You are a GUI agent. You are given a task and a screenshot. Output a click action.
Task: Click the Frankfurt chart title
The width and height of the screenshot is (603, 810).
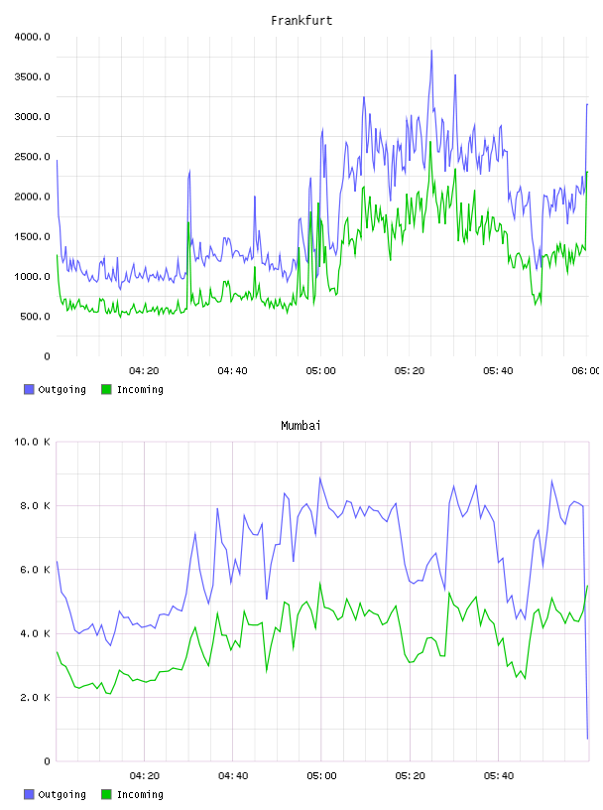301,21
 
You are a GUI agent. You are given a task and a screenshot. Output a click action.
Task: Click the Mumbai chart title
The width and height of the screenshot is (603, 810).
301,426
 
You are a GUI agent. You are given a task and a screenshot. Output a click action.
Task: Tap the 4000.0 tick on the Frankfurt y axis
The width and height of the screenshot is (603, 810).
32,37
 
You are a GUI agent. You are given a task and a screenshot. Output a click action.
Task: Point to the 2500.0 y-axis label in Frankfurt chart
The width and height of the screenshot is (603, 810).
32,157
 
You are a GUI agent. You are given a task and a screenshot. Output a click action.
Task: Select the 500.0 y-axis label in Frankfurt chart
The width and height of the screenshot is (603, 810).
35,316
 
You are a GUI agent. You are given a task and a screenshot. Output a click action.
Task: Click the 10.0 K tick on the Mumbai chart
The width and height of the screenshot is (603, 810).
32,442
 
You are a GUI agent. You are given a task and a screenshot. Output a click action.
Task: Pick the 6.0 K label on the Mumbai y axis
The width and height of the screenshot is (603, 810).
35,569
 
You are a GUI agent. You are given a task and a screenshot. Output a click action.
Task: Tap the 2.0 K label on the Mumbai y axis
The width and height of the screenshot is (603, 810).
35,698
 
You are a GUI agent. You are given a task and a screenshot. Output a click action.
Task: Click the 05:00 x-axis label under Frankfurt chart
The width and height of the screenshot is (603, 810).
320,371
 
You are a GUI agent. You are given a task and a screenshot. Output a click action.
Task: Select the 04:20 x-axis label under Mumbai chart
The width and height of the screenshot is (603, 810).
144,776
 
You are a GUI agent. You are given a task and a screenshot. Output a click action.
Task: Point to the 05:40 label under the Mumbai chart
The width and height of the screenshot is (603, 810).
499,776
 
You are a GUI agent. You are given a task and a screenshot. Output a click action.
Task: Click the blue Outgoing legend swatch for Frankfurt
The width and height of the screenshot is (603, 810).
29,389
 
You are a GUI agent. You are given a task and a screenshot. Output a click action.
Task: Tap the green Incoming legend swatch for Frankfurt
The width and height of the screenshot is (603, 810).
106,389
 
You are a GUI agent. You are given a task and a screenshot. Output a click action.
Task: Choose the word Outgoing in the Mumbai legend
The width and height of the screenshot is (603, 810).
61,794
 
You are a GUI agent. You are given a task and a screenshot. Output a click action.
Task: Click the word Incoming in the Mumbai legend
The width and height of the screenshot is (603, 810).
140,794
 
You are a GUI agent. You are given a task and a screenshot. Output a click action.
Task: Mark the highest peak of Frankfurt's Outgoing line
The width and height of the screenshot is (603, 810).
431,51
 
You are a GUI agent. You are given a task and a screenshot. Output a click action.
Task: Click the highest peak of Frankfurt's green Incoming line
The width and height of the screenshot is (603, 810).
430,142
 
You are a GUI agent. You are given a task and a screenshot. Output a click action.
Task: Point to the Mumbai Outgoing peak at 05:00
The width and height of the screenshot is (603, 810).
320,477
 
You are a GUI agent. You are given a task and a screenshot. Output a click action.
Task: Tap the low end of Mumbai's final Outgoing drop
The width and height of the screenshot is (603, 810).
587,739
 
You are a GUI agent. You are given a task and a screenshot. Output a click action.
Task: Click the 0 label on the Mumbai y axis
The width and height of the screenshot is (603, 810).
47,761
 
